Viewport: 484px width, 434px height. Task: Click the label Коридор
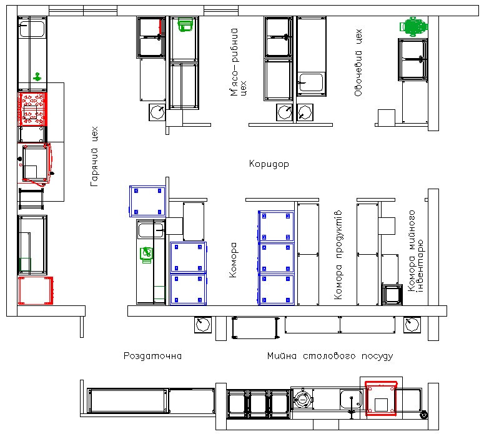(269, 164)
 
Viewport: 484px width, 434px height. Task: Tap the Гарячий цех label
(94, 156)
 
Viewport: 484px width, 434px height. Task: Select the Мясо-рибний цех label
(239, 62)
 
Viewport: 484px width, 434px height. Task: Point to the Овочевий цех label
(358, 62)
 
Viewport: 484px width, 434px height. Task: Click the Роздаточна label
(152, 356)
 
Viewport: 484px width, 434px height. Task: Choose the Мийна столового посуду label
(330, 356)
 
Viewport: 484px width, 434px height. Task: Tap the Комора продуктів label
(338, 255)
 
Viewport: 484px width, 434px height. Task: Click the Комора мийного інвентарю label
(416, 250)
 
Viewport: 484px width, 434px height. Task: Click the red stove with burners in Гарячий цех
(32, 109)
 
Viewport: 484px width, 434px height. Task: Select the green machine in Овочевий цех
(413, 27)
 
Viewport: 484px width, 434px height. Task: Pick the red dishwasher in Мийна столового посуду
(381, 398)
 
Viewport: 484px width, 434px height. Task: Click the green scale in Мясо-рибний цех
(186, 24)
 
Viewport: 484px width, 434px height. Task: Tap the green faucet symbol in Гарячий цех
(37, 77)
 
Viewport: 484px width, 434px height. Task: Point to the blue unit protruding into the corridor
(147, 201)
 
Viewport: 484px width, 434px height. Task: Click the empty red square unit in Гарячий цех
(36, 290)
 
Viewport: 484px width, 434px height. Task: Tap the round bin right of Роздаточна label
(203, 325)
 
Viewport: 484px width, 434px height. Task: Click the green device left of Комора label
(146, 255)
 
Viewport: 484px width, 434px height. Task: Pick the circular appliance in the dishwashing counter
(302, 400)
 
